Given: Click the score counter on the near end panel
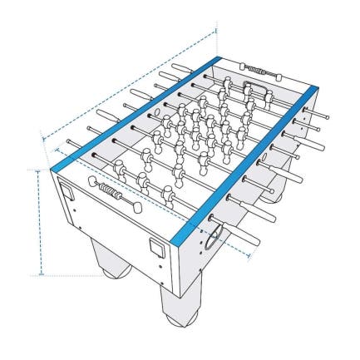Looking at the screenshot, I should coord(111,193).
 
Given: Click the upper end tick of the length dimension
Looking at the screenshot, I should coord(216,31).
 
